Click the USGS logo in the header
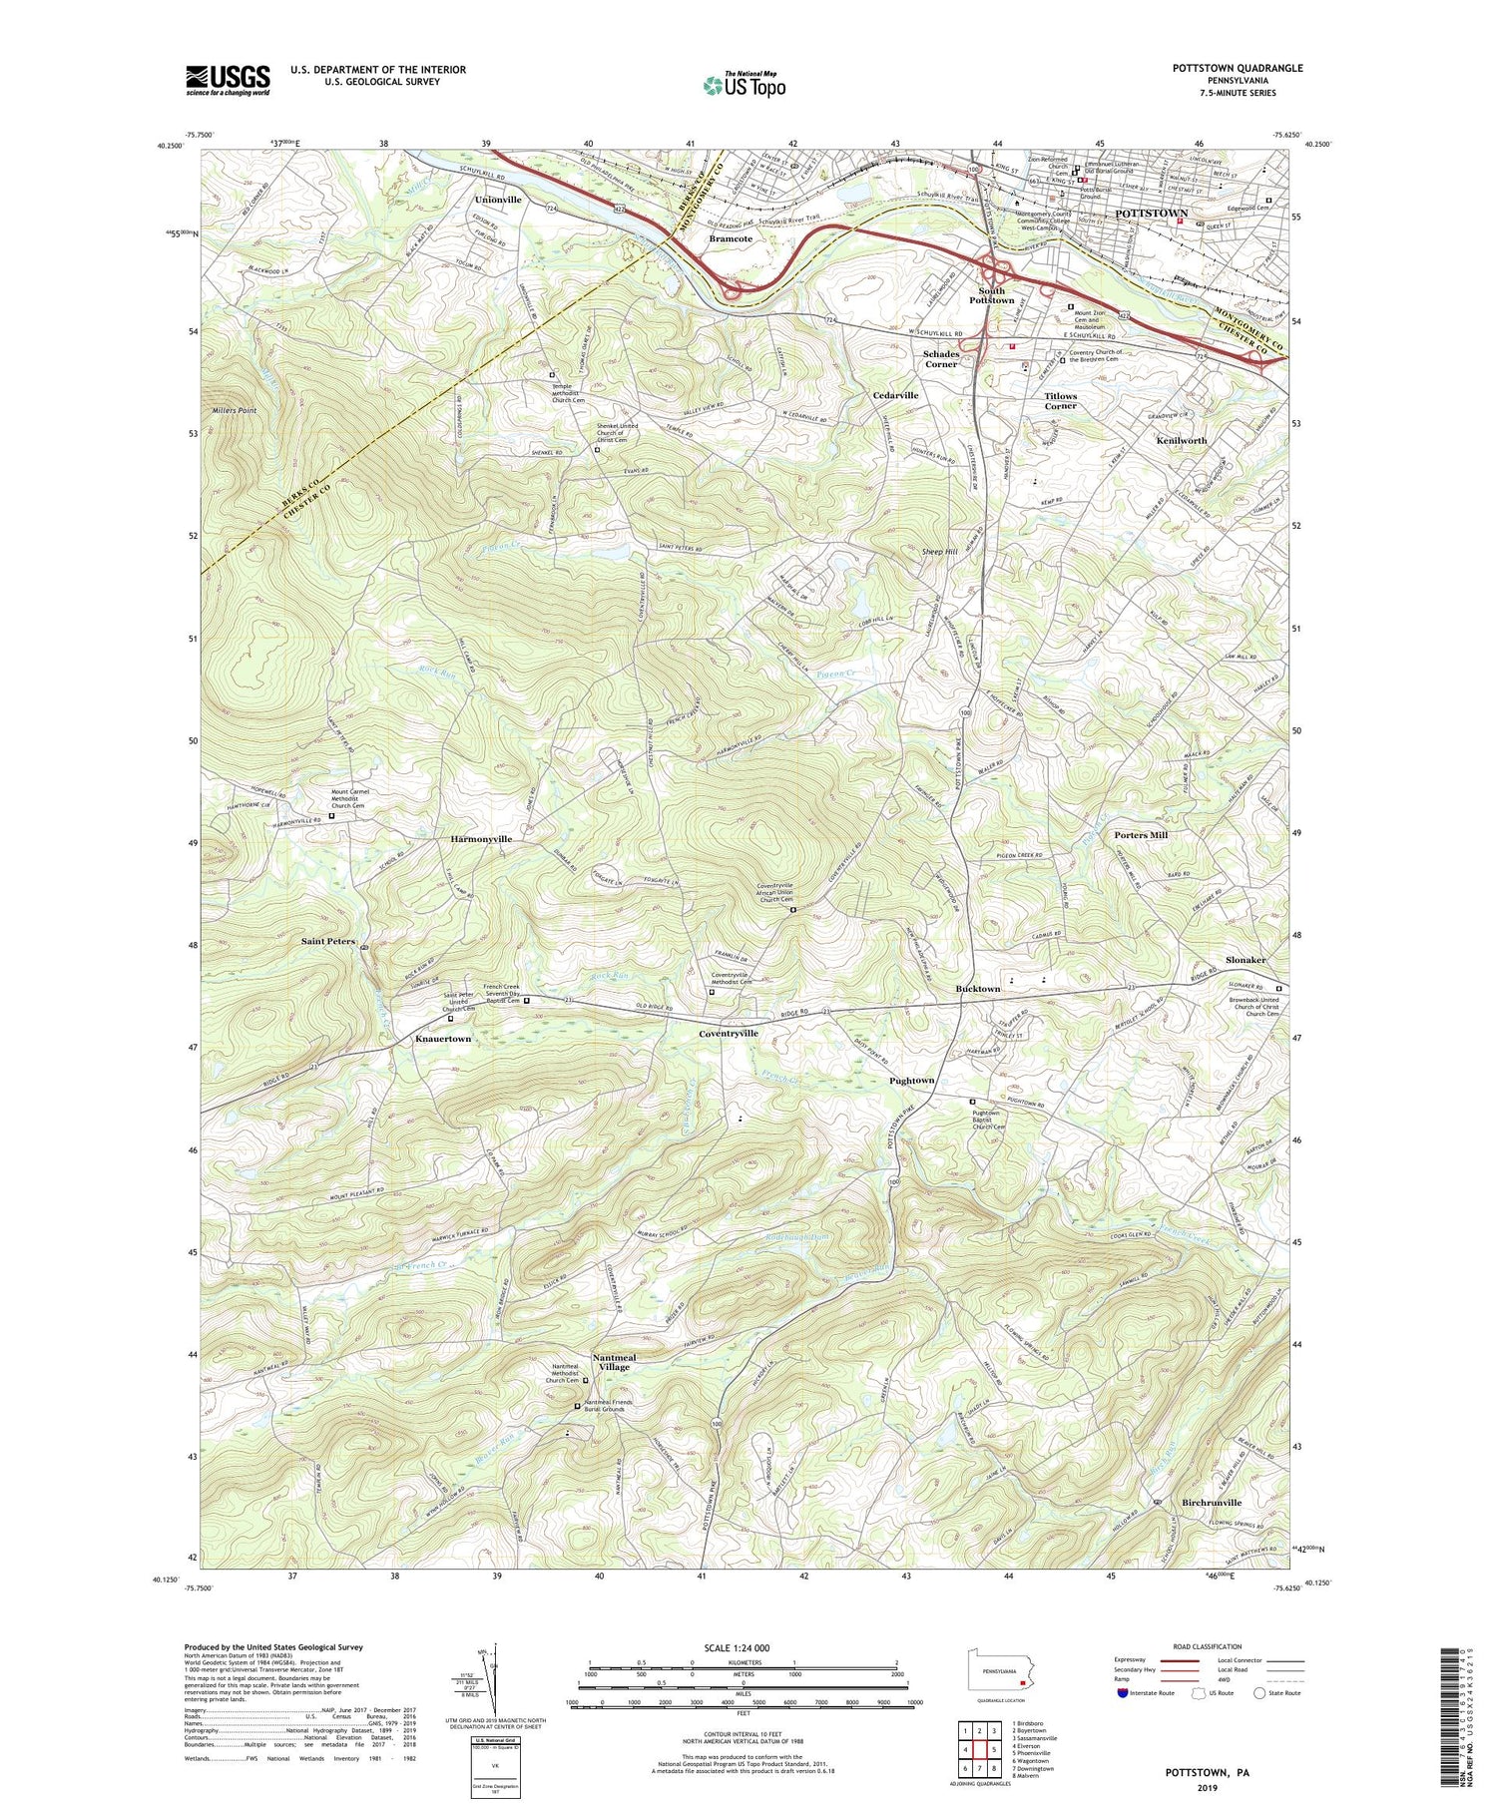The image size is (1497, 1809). (227, 80)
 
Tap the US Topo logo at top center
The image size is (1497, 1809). (745, 85)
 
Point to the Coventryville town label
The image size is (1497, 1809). (729, 1034)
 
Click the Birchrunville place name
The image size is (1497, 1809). (1212, 1503)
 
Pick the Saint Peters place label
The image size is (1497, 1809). (327, 941)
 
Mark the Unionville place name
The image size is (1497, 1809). (497, 200)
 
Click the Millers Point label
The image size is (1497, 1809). (235, 411)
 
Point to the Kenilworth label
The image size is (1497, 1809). (1181, 440)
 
